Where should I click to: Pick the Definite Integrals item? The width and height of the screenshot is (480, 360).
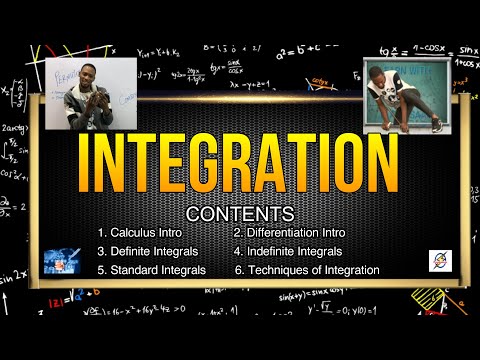[x=148, y=251]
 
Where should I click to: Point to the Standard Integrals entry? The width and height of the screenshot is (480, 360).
[x=151, y=269]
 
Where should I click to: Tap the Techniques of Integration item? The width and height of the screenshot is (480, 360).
[x=306, y=269]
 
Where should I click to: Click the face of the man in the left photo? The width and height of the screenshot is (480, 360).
[x=88, y=76]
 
